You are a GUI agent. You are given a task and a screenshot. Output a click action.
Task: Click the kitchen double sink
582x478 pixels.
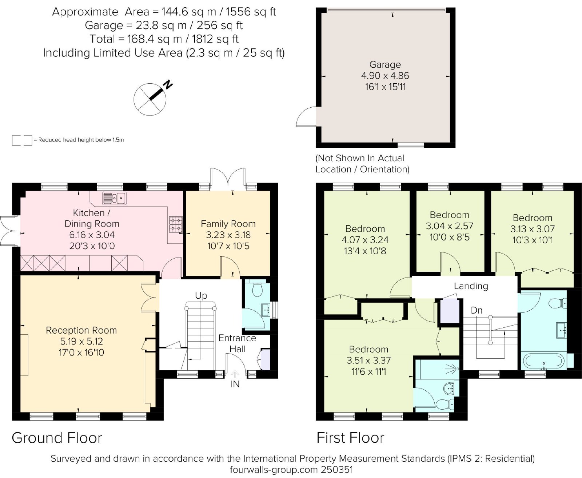point(114,198)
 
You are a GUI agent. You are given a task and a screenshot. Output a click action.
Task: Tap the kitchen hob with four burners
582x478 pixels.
point(176,224)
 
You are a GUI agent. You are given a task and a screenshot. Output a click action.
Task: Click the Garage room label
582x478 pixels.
point(385,65)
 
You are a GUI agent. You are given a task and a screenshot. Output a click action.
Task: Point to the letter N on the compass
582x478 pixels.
point(168,84)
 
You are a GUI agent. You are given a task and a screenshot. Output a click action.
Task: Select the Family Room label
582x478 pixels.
point(228,224)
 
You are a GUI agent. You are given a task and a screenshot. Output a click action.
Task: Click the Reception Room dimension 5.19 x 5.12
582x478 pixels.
point(81,341)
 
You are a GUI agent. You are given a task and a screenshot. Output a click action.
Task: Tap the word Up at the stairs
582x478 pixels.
point(201,296)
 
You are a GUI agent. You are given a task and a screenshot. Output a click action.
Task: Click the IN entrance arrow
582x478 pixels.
point(235,374)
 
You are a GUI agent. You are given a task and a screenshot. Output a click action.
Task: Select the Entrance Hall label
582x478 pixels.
point(237,344)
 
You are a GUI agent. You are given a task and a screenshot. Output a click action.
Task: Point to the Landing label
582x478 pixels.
point(471,286)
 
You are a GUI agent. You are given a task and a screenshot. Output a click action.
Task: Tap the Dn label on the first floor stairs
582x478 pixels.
point(477,310)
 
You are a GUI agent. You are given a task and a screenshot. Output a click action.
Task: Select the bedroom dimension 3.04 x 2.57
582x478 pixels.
point(450,226)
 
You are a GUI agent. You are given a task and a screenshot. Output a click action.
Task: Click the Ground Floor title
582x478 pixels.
point(57,438)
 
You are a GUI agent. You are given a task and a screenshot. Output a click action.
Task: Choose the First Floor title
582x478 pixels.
point(350,438)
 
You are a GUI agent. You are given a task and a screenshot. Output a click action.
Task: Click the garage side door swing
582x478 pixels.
point(305,116)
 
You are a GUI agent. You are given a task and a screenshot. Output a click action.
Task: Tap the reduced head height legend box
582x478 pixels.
point(22,140)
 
